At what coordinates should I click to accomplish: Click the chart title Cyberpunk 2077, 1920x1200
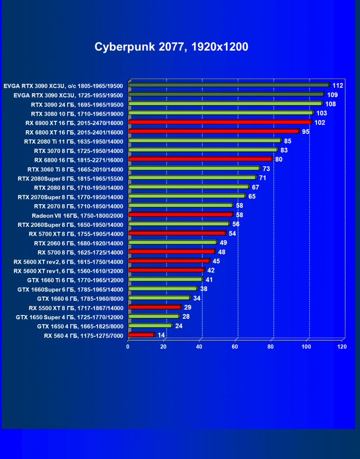[x=171, y=47]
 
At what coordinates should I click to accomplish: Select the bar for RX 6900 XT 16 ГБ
[x=219, y=122]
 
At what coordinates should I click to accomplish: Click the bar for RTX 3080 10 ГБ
[x=220, y=113]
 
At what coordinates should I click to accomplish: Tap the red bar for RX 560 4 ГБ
[x=141, y=335]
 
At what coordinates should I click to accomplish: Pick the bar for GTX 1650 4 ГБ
[x=150, y=326]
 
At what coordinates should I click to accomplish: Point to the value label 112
[x=337, y=85]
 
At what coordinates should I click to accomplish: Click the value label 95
[x=306, y=131]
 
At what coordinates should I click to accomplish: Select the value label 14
[x=162, y=335]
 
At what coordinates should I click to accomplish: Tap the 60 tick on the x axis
[x=235, y=347]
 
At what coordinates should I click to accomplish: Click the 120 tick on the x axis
[x=342, y=347]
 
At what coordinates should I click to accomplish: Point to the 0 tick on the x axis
[x=128, y=347]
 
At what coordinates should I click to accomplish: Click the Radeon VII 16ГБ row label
[x=77, y=215]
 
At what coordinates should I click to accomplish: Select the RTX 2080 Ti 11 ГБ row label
[x=73, y=141]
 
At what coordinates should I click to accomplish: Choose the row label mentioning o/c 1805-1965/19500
[x=63, y=86]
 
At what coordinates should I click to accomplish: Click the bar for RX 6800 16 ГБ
[x=200, y=159]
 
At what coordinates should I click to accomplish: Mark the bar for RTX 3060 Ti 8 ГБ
[x=194, y=169]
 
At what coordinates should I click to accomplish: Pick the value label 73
[x=266, y=169]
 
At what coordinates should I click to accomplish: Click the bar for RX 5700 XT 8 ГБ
[x=177, y=233]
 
